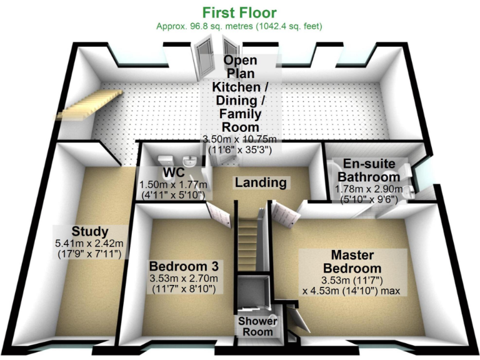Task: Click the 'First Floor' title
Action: click(239, 12)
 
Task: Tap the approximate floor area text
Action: click(239, 27)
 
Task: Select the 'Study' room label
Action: click(90, 232)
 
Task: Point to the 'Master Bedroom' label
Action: click(352, 261)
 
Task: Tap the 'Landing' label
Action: click(261, 183)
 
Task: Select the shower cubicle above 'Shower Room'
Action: click(254, 294)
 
